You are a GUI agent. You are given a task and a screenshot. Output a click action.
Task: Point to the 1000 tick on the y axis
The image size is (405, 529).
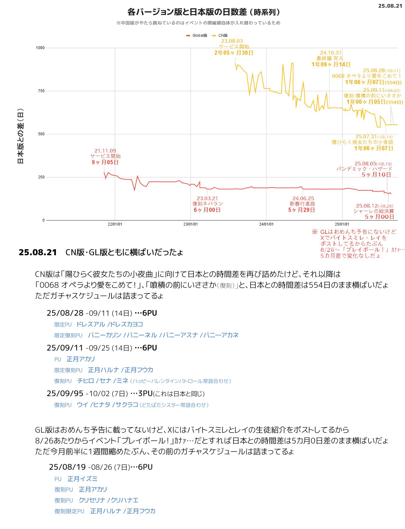pyautogui.click(x=40, y=48)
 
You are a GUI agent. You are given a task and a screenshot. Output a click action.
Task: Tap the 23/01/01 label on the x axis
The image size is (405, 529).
pyautogui.click(x=191, y=224)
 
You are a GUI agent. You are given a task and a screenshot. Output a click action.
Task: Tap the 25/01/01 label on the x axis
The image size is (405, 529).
pyautogui.click(x=342, y=224)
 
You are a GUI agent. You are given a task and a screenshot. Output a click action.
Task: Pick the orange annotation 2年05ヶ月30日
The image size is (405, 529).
pyautogui.click(x=234, y=53)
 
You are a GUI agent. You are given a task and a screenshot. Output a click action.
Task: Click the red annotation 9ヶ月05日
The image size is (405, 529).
pyautogui.click(x=105, y=162)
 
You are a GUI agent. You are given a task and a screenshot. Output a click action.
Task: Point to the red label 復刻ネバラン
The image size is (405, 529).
pyautogui.click(x=207, y=204)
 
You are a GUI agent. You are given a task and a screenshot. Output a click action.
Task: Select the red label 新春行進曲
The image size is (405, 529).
pyautogui.click(x=302, y=204)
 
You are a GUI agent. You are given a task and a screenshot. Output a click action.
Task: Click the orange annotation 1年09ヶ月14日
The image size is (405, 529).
pyautogui.click(x=331, y=64)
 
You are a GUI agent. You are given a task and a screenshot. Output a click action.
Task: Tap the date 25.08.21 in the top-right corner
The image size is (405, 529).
pyautogui.click(x=390, y=6)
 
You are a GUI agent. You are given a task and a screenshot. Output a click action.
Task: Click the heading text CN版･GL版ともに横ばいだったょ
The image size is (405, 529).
pyautogui.click(x=124, y=252)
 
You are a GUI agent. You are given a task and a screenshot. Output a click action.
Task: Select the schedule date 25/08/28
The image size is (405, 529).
pyautogui.click(x=65, y=313)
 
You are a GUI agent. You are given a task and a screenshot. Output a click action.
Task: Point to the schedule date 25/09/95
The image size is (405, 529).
pyautogui.click(x=65, y=394)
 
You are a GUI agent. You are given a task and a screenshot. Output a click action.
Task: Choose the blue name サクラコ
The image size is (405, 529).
pyautogui.click(x=127, y=405)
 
